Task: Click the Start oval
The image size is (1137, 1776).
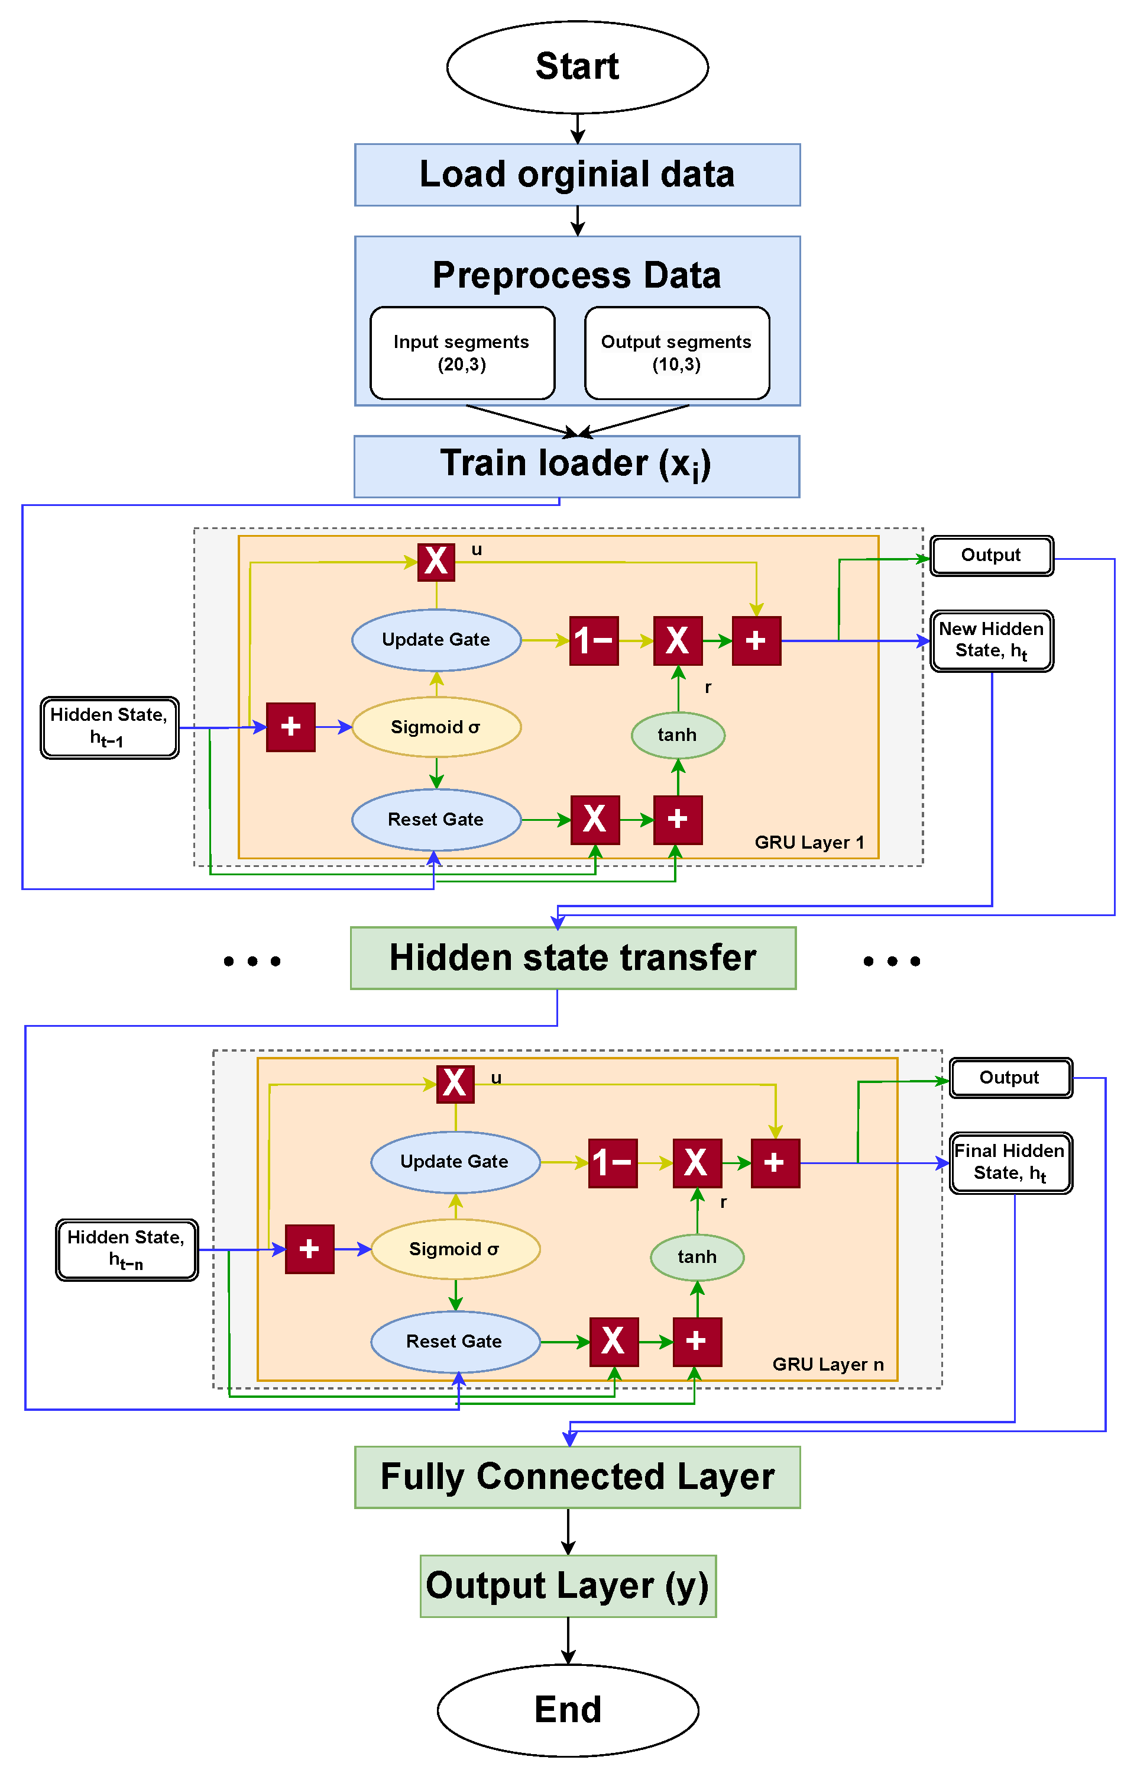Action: (576, 66)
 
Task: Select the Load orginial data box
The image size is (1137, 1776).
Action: (576, 175)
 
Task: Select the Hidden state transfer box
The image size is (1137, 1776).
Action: (573, 958)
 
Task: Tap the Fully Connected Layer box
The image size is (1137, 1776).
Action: (576, 1477)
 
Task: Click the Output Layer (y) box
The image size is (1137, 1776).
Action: (568, 1585)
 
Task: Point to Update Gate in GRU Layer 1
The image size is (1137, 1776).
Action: (436, 640)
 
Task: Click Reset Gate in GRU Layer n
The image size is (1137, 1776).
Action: (454, 1341)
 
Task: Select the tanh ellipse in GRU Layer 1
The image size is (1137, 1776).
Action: (677, 734)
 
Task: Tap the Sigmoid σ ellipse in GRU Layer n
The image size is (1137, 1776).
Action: (455, 1249)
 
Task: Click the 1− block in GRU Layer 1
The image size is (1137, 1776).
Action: (594, 640)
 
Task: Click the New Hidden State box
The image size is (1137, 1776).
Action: (991, 640)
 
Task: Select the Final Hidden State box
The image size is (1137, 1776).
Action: (1009, 1162)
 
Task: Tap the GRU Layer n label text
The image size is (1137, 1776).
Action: (827, 1364)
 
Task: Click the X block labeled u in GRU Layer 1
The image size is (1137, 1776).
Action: (436, 562)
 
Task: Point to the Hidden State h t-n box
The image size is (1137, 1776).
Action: (127, 1249)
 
